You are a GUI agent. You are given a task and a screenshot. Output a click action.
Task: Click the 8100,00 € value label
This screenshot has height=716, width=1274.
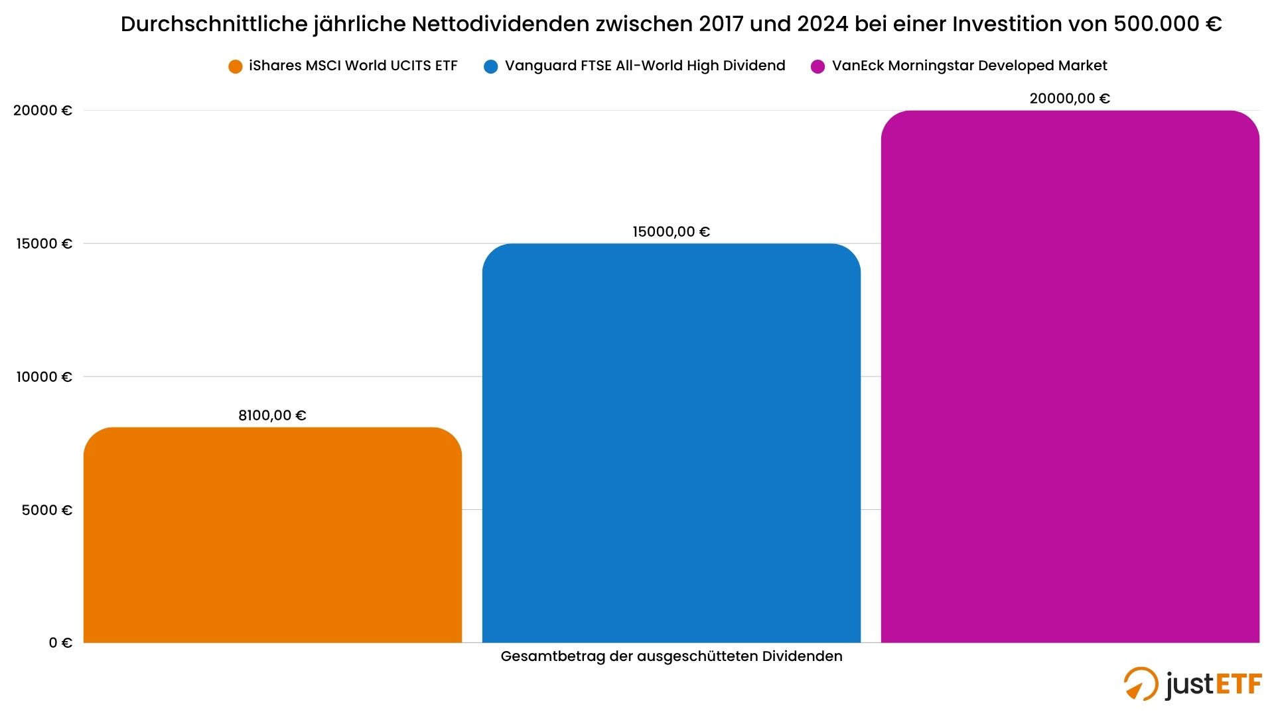[272, 416]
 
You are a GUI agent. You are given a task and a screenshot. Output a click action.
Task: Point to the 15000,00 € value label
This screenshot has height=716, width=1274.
[671, 232]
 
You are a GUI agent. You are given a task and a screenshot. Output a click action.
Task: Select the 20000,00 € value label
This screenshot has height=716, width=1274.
[1069, 99]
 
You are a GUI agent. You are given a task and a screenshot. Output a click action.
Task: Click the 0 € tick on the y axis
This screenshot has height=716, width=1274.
[60, 642]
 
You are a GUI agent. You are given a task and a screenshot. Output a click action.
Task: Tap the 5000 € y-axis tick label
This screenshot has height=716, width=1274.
[46, 510]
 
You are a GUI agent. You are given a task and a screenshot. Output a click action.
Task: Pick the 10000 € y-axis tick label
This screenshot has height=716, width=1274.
[44, 377]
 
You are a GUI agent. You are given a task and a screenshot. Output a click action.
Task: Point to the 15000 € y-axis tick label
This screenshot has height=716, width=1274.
[44, 243]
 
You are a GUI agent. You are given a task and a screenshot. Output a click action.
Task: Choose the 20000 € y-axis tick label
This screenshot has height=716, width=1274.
[42, 110]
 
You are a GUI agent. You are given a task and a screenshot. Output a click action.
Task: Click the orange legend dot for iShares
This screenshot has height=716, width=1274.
[235, 66]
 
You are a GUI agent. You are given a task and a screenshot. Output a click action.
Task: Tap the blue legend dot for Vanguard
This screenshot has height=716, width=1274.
[491, 66]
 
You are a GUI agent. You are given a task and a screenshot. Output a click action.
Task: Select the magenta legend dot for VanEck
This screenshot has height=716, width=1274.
[817, 66]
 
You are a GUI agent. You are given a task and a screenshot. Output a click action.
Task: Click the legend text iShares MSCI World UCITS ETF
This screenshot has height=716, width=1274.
[353, 66]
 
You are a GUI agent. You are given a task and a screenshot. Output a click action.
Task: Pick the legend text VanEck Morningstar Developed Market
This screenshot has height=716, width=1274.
[969, 66]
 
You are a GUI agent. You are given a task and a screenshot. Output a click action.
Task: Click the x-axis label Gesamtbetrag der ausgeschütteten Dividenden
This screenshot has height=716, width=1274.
[671, 656]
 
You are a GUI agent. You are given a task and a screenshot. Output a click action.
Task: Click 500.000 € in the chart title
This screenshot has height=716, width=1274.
[1167, 24]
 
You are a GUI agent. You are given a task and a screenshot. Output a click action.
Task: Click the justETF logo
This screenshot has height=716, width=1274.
[1192, 684]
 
